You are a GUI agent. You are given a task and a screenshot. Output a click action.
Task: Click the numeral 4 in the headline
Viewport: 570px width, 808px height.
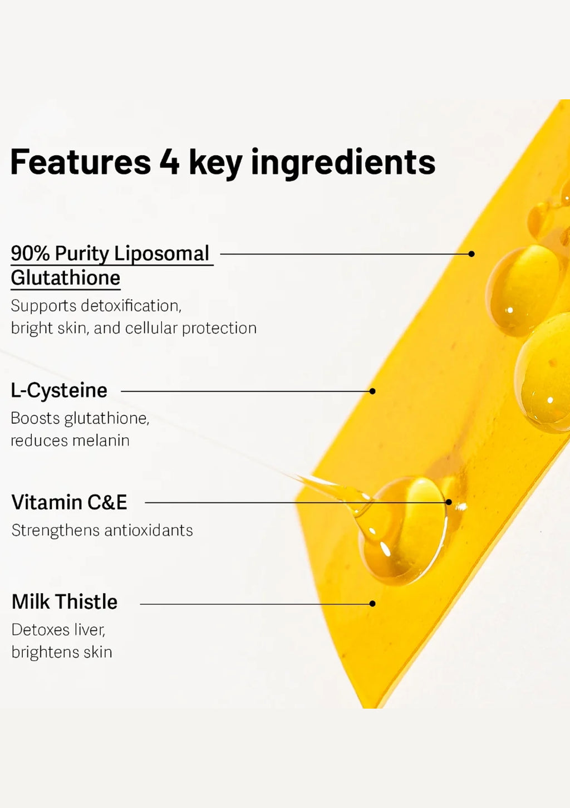coord(169,162)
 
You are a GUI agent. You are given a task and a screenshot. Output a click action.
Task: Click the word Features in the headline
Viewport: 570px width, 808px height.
coord(81,161)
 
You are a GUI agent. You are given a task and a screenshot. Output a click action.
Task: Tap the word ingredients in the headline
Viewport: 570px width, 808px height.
coord(343,163)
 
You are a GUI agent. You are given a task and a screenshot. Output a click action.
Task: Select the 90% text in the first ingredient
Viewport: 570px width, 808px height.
coord(30,253)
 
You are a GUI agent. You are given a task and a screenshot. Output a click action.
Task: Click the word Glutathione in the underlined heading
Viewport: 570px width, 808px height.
coord(65,278)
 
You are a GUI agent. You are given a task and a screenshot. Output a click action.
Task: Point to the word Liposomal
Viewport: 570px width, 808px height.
coord(161,254)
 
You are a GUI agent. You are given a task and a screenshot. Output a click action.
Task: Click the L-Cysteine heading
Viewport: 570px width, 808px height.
coord(59,391)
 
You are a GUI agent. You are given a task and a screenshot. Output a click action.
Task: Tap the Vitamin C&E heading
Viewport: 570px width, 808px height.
coord(69,502)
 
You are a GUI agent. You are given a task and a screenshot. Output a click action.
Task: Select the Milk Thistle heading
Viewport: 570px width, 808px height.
coord(65,601)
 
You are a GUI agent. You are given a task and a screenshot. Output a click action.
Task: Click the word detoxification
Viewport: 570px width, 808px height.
coord(131,306)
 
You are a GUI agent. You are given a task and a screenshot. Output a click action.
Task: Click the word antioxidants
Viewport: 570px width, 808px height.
coord(149,531)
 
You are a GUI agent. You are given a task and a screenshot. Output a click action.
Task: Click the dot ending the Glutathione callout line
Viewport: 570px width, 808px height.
coord(471,254)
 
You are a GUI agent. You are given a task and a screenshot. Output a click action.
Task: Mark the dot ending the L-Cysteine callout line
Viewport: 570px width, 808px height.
coord(372,391)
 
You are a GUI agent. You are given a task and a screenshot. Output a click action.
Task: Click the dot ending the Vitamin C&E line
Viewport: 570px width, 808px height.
coord(449,502)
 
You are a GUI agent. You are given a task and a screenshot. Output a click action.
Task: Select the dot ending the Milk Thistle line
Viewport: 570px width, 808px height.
coord(372,604)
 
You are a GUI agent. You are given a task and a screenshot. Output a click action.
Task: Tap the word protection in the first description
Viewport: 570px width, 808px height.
coord(219,329)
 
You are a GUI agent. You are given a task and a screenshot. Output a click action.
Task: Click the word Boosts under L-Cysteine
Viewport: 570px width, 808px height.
coord(35,418)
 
